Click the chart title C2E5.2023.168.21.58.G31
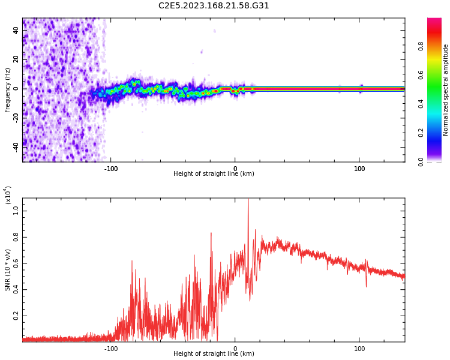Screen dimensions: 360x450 coord(214,5)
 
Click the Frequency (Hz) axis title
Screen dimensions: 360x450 coord(8,90)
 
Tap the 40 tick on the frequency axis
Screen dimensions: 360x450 coord(16,29)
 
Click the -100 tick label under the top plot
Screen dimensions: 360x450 coord(111,169)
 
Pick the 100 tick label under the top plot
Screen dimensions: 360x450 coord(359,169)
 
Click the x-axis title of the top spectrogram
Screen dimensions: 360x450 coord(214,174)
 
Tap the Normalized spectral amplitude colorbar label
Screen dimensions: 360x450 coord(446,90)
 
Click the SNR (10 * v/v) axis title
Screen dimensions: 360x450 coord(8,270)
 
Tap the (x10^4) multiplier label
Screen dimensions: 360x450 coord(8,196)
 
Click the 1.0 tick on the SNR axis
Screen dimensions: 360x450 coord(16,211)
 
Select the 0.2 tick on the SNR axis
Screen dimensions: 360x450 coord(16,315)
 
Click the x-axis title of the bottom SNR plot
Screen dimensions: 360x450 coord(214,354)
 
